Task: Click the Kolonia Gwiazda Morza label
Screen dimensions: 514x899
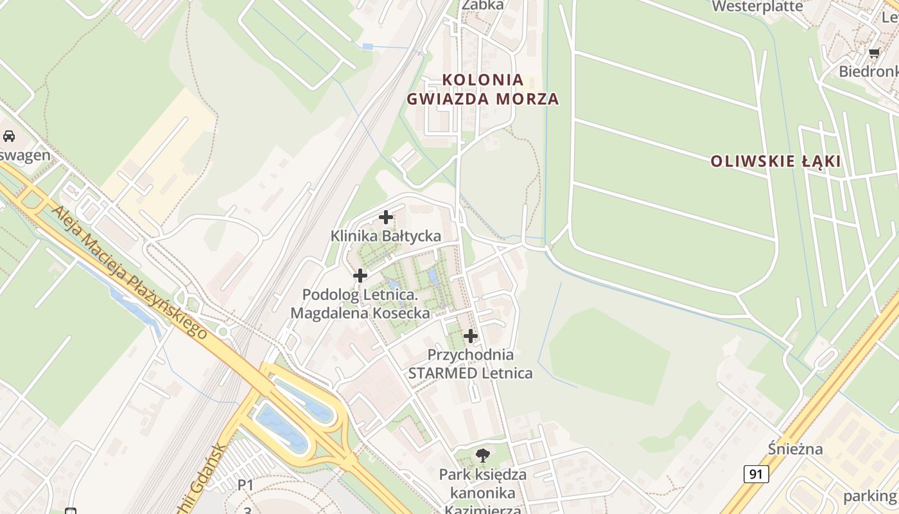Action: pos(482,89)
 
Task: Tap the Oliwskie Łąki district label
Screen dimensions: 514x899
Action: pos(775,161)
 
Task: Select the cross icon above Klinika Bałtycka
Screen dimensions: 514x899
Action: pos(386,217)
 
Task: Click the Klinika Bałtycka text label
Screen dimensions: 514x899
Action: pos(386,236)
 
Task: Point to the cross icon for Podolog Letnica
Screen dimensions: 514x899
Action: pos(360,276)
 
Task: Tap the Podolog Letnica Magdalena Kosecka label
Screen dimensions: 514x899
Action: pos(360,304)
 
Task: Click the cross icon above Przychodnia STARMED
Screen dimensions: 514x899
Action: pos(471,335)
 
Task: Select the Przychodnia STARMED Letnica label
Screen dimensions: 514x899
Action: pos(471,364)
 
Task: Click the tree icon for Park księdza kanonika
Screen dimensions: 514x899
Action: pos(482,456)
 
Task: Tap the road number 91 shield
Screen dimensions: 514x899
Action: pos(757,474)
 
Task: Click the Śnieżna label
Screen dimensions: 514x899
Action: pos(795,448)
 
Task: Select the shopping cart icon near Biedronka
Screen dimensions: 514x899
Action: pos(873,53)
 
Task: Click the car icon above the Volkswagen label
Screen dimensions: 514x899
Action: pos(9,136)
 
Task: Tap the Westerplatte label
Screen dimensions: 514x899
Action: pos(758,6)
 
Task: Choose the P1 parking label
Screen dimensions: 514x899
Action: pos(246,485)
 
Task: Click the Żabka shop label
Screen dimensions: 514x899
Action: pos(483,5)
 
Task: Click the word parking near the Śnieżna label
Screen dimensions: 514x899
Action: pos(869,495)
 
